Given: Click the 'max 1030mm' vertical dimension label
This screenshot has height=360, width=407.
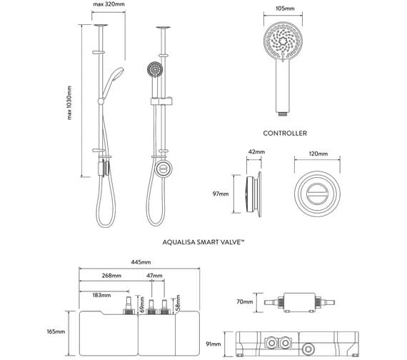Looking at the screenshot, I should (70, 103).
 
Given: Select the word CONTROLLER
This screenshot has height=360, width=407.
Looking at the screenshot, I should (285, 133).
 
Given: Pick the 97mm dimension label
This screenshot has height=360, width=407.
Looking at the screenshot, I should (221, 193).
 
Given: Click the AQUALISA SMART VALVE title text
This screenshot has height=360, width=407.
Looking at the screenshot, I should (204, 243).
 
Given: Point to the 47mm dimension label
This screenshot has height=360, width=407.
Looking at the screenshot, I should (154, 276).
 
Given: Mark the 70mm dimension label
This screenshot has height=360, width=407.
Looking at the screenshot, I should (246, 302).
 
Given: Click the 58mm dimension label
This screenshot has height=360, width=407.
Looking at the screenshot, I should (178, 306).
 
